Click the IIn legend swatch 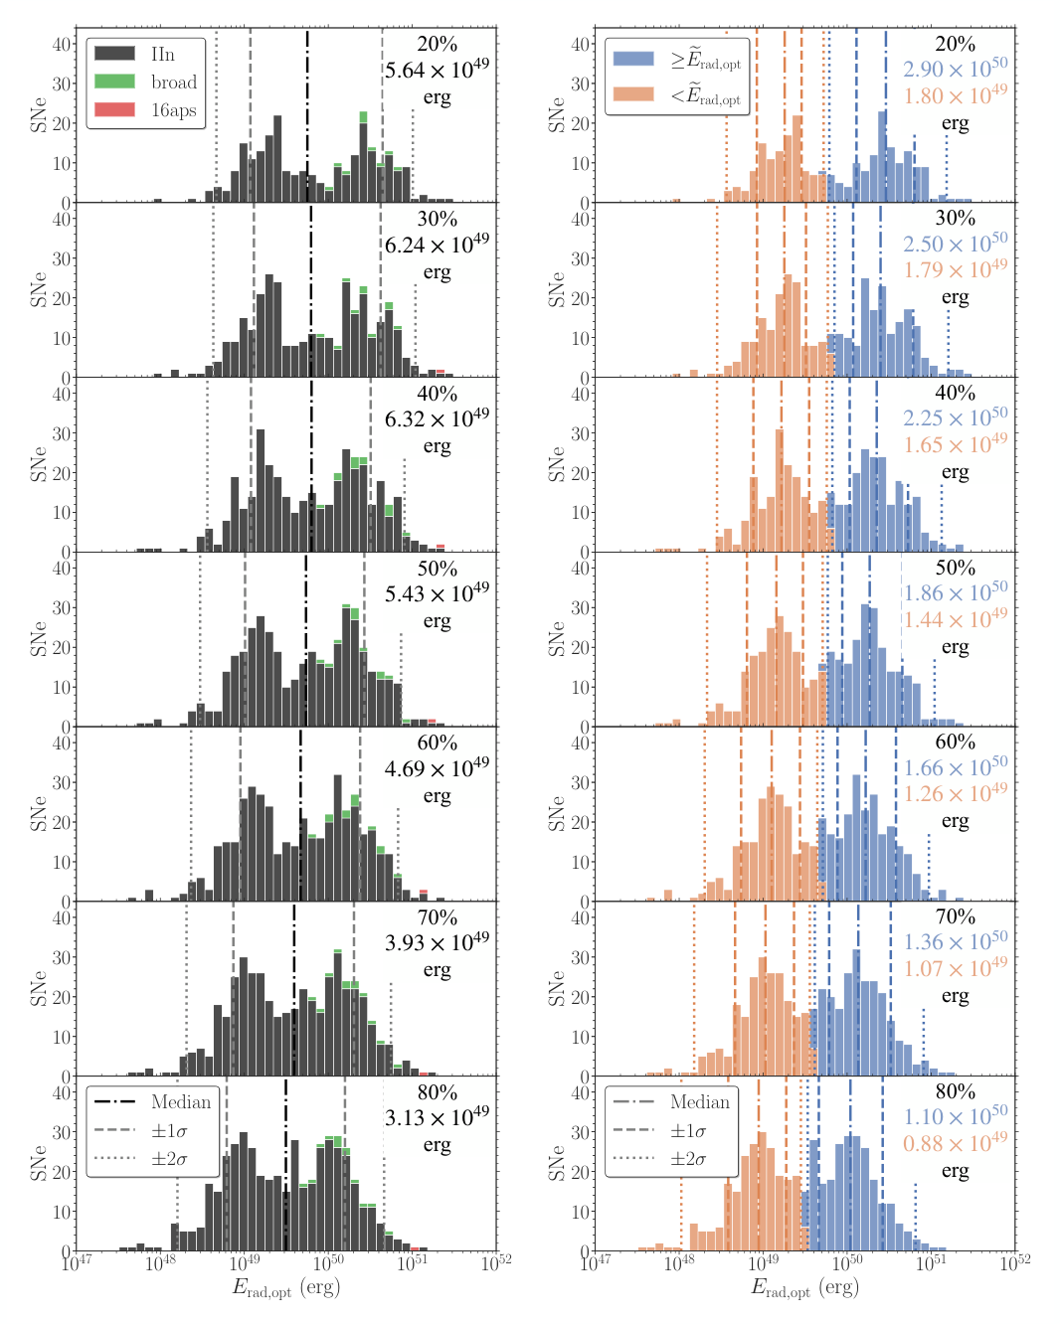point(114,54)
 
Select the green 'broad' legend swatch point(114,82)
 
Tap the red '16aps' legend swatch point(114,109)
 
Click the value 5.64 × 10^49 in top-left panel point(437,70)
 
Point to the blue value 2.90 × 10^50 point(955,69)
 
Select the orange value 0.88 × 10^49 point(955,1144)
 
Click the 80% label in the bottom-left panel point(437,1092)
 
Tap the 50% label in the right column point(955,568)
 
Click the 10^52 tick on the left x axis point(496,1262)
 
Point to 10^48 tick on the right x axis point(679,1262)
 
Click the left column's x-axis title point(286,1288)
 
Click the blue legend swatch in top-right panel point(633,59)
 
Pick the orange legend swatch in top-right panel point(633,94)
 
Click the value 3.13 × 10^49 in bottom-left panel point(437,1118)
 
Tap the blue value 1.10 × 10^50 point(955,1117)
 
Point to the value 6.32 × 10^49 point(437,419)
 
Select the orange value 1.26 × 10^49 point(955,794)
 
